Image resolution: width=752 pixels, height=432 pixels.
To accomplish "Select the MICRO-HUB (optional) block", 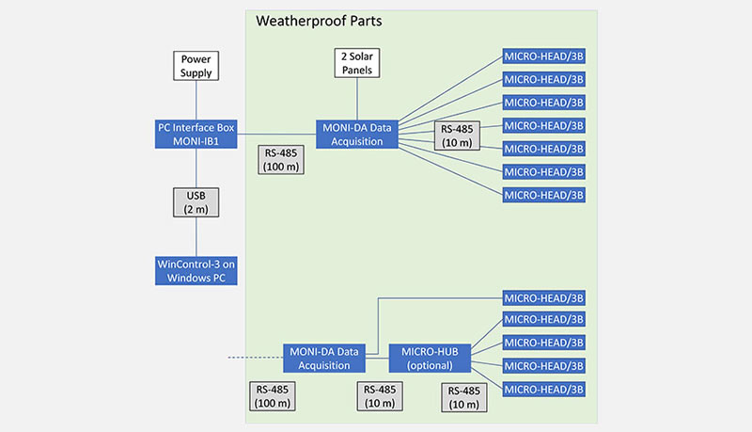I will pos(430,358).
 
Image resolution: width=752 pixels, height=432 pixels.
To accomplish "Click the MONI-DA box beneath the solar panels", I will pos(357,133).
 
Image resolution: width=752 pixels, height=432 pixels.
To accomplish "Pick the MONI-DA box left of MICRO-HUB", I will pos(324,358).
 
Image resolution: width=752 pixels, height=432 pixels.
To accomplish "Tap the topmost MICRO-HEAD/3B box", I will pos(544,56).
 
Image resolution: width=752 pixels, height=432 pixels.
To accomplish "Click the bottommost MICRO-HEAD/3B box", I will pos(544,389).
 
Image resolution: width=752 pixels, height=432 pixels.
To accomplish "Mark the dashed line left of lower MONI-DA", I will pos(254,358).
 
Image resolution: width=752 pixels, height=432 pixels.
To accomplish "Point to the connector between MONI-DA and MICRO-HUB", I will pos(378,358).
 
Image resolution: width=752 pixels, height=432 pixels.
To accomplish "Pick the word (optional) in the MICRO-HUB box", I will pos(430,365).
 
